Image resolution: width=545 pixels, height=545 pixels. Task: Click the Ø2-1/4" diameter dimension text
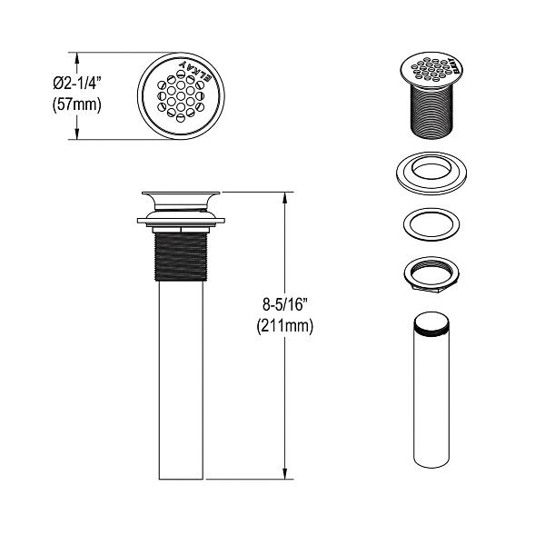76,83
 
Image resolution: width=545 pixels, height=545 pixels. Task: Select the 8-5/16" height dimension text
284,306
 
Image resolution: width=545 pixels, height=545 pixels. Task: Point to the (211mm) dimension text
284,327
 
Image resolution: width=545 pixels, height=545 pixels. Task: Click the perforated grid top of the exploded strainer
431,66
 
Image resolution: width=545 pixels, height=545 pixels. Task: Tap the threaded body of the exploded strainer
431,109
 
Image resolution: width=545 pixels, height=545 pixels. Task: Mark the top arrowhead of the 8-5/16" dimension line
288,196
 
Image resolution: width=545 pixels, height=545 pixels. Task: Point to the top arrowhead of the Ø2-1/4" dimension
76,55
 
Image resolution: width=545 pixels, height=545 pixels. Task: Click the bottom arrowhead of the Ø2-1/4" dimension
76,135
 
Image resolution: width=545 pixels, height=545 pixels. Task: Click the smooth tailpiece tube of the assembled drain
182,381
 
